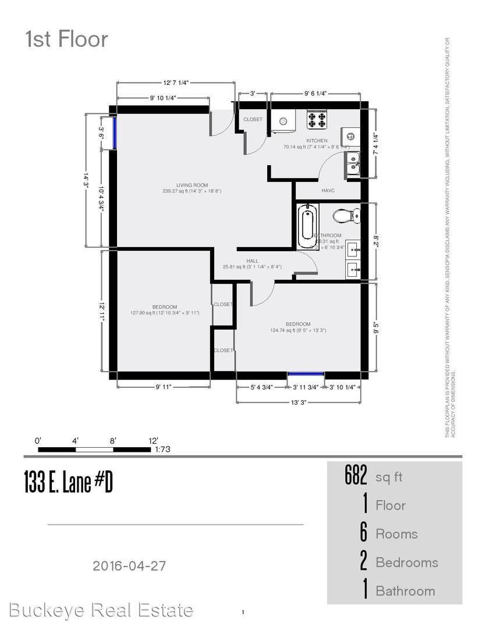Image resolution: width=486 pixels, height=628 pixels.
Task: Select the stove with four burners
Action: pos(317,120)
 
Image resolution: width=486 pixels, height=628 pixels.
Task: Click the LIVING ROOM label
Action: pos(192,185)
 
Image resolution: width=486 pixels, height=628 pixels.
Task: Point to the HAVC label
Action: pos(328,191)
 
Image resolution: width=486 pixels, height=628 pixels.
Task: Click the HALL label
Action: pos(252,261)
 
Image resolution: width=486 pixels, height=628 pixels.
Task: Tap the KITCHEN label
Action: pos(317,141)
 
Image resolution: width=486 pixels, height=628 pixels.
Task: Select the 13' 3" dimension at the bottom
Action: pos(299,402)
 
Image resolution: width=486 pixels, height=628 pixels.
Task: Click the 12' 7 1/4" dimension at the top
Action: pos(176,83)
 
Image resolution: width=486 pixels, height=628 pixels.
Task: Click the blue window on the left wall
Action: pos(116,133)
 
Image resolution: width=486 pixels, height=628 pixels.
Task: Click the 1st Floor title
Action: pos(66,40)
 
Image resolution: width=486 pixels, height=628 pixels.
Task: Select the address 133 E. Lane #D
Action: pos(68,483)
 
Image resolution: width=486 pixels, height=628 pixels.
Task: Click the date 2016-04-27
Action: pos(133,565)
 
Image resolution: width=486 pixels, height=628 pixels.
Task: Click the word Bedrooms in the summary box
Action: pos(406,562)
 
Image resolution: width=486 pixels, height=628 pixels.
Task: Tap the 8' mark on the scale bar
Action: pos(113,441)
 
